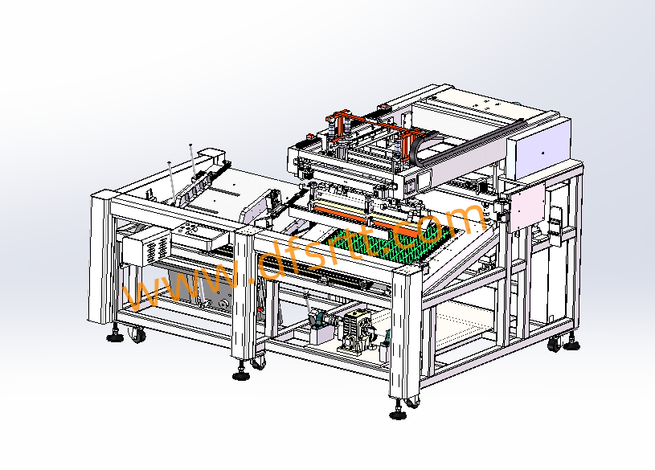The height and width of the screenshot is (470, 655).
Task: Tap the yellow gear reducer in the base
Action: pos(356,331)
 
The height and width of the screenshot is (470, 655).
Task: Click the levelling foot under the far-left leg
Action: pos(114,336)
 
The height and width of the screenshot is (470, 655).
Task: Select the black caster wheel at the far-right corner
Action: pos(555,344)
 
